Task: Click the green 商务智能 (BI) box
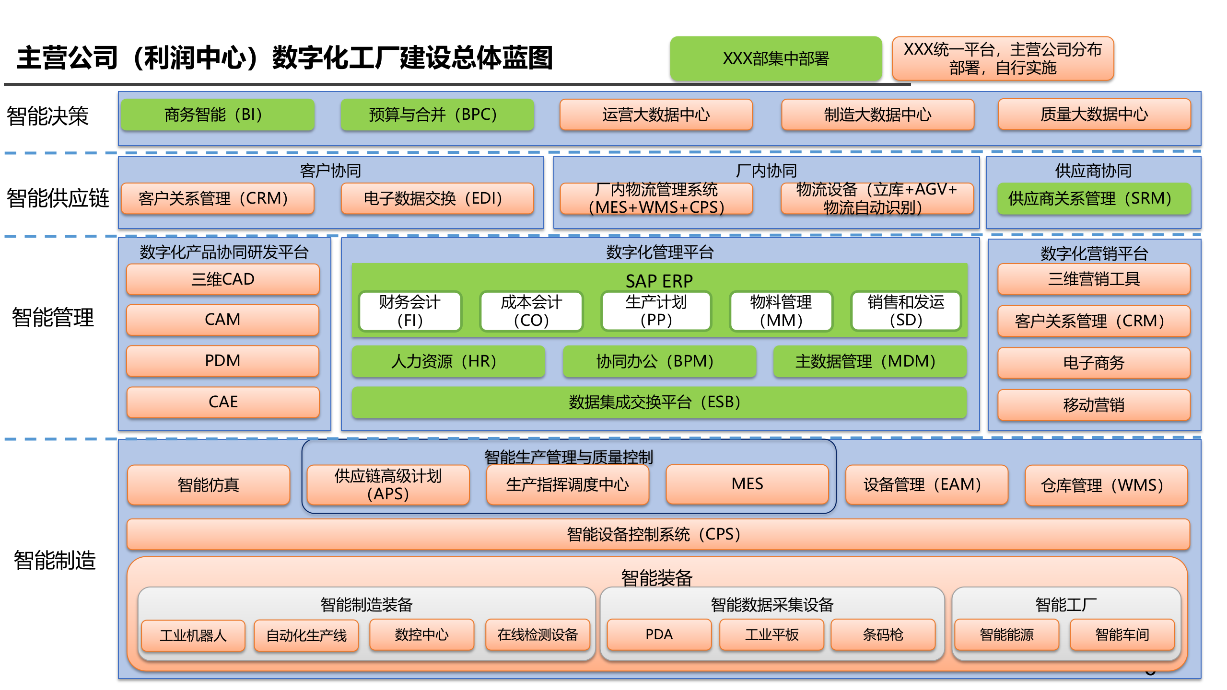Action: coord(217,115)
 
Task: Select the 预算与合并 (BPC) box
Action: coord(437,115)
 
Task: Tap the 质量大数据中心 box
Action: coord(1094,115)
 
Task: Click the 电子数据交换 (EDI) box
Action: coord(437,198)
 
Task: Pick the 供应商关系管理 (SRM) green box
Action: coord(1094,198)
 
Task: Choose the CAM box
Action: coord(222,320)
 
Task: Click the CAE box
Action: coord(222,402)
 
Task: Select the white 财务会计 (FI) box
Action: coord(410,311)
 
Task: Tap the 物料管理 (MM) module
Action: coord(781,311)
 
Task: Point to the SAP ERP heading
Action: coord(659,280)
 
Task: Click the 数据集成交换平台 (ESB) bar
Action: coord(659,402)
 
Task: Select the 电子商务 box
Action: coord(1094,363)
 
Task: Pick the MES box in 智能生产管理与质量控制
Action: coord(747,484)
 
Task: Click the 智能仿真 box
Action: coord(209,485)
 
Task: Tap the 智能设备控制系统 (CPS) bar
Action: coord(658,534)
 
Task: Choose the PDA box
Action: coord(659,634)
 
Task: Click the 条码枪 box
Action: coord(883,634)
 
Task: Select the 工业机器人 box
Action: coord(193,635)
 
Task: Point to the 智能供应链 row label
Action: coord(58,198)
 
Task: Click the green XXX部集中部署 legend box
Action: coord(776,58)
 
